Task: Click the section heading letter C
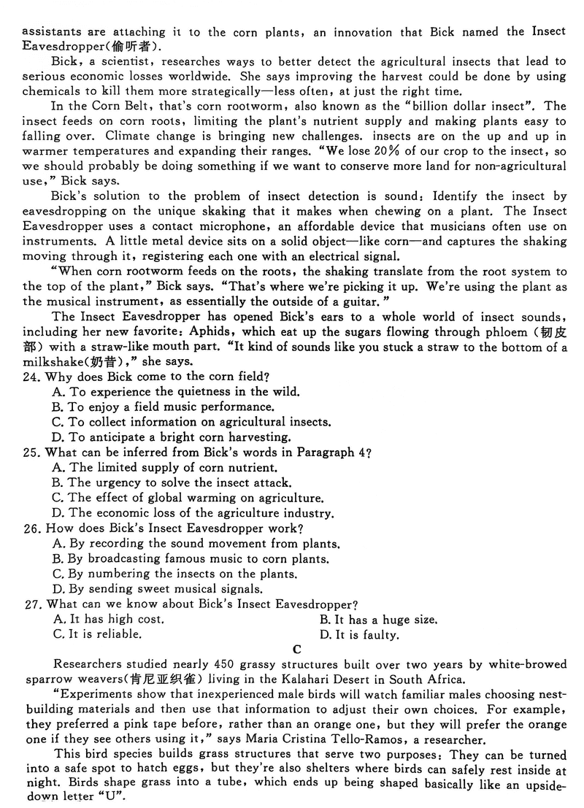(296, 649)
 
